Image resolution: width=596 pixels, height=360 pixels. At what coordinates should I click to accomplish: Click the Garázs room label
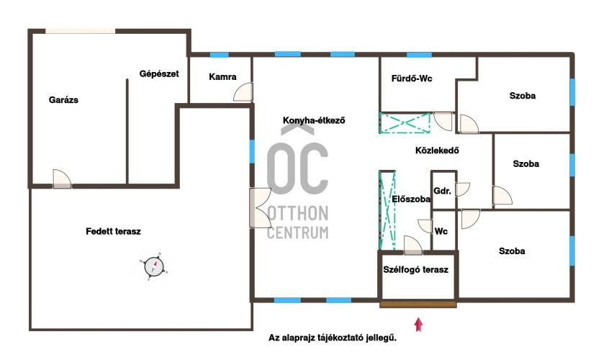tap(63, 100)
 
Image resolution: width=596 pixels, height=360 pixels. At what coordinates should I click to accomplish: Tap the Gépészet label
tap(159, 73)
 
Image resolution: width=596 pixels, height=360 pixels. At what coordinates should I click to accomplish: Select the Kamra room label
tap(222, 77)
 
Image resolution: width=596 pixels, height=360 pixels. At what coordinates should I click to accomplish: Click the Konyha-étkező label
tap(314, 120)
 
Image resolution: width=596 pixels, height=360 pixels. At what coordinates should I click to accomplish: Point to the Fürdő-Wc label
tap(412, 78)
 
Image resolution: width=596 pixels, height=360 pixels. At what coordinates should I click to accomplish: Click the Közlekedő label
tap(437, 150)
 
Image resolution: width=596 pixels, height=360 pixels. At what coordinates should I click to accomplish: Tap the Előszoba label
tap(411, 199)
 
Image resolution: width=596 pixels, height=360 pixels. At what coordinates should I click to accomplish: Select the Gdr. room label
tap(443, 191)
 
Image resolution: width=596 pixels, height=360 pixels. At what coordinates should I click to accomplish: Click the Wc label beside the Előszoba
tap(441, 231)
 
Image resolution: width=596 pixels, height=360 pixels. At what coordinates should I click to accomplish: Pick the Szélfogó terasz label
tap(416, 269)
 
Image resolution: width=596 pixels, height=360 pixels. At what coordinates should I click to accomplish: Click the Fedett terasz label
tap(113, 231)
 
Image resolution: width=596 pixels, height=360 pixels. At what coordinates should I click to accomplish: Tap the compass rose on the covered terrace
tap(154, 266)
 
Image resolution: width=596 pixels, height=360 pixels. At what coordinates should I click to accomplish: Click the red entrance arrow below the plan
tap(418, 325)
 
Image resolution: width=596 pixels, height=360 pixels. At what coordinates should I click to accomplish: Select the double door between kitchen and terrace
tap(260, 208)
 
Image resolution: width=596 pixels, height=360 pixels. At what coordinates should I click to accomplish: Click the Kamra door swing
tap(243, 92)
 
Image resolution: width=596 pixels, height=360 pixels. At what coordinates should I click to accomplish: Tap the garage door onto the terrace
tap(62, 179)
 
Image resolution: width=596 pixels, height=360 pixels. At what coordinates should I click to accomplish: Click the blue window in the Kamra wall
tap(220, 55)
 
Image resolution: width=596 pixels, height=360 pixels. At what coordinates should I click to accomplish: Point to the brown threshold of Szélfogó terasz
tap(417, 305)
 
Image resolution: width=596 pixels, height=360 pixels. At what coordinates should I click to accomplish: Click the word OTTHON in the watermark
tap(298, 214)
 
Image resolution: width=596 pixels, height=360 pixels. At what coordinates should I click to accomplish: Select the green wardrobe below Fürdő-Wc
tap(405, 123)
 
